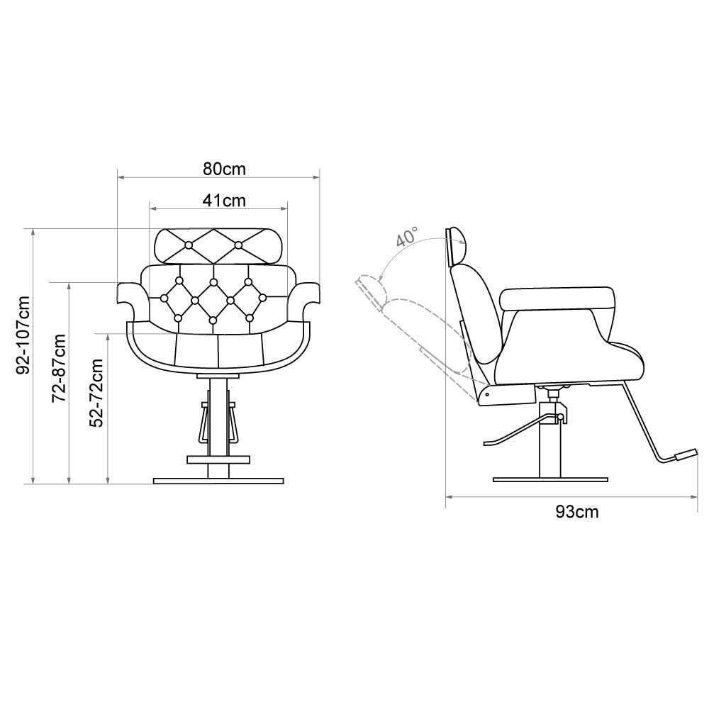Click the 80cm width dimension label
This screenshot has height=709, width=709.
(224, 169)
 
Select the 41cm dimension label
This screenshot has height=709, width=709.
(224, 201)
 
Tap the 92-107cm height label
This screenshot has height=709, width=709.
(23, 335)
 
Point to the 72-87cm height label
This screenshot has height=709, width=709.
(60, 368)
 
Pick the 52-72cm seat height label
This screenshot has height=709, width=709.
(96, 393)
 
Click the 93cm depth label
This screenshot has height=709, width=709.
(577, 512)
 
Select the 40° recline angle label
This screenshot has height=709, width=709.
(406, 237)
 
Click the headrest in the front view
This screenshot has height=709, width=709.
(219, 246)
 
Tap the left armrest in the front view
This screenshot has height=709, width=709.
(132, 301)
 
